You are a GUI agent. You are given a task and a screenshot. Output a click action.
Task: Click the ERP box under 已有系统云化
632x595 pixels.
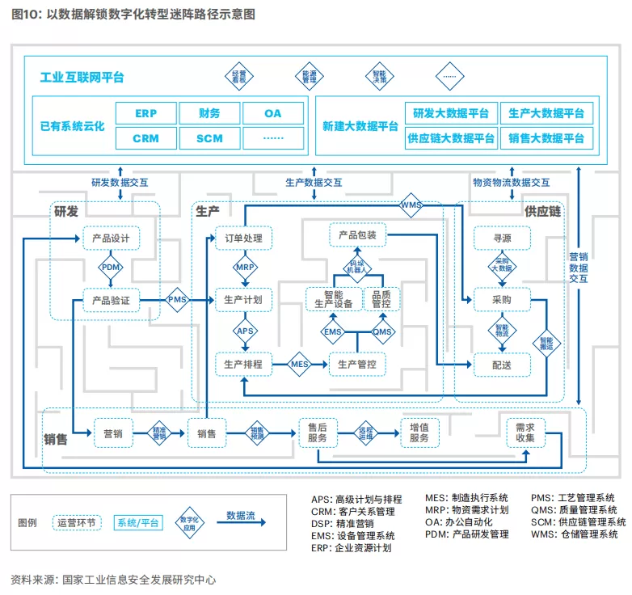[145, 113]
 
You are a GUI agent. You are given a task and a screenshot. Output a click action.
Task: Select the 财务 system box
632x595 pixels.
[209, 113]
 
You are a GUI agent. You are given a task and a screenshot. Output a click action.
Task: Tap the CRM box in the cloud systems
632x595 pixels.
[145, 138]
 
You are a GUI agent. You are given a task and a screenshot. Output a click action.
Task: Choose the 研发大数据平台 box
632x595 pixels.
[450, 113]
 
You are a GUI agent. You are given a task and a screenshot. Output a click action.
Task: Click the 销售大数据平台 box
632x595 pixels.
[546, 138]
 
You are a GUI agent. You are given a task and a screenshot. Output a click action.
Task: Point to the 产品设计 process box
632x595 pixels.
[112, 238]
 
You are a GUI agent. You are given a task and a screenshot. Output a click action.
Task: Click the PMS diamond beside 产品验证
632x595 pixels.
[177, 300]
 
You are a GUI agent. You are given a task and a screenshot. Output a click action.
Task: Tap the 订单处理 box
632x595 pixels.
[243, 238]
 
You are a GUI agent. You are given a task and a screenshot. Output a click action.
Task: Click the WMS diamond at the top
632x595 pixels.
[411, 205]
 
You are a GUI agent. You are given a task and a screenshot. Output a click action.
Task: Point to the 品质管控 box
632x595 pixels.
[381, 299]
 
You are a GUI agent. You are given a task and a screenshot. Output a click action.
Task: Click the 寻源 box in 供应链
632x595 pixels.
[501, 238]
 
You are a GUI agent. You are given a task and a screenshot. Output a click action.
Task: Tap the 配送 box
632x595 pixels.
[501, 365]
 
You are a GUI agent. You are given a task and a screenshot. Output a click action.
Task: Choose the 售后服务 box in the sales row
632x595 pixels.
[317, 433]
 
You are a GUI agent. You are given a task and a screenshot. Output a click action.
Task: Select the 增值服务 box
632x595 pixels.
[419, 433]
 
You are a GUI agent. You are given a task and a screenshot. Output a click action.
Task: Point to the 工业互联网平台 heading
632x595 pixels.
[82, 78]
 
